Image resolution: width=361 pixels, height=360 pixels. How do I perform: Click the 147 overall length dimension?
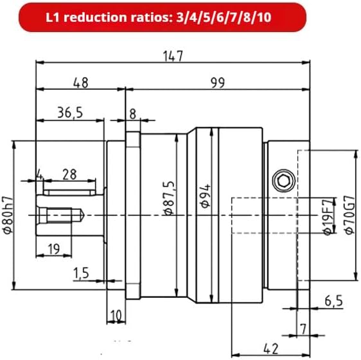click(173, 56)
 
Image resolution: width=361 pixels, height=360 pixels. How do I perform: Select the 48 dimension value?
click(80, 83)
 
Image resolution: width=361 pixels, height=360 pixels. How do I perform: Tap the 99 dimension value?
click(218, 83)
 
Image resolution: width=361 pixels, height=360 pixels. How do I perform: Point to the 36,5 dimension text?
click(70, 113)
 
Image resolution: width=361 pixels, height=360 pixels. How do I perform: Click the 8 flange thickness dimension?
click(132, 114)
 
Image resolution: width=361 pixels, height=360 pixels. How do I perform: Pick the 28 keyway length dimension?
click(69, 175)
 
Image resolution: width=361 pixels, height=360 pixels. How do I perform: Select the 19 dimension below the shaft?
click(54, 249)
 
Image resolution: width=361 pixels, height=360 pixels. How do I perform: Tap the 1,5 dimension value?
click(81, 273)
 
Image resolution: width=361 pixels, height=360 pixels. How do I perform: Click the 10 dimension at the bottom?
click(116, 315)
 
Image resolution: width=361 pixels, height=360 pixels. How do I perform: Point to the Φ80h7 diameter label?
click(8, 215)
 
